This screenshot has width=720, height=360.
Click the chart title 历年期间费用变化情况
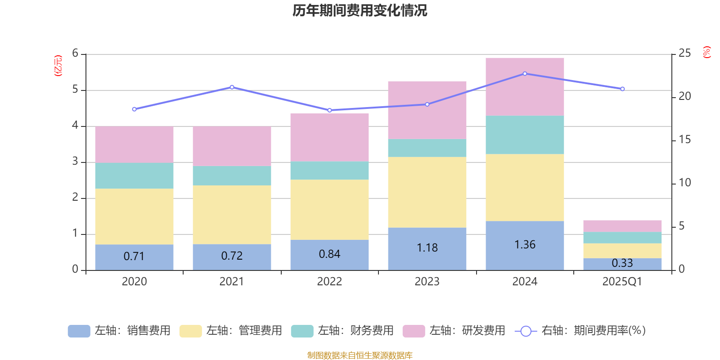(360, 10)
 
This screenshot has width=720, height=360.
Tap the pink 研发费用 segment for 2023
(427, 110)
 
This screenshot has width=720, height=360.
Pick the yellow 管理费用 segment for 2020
(134, 216)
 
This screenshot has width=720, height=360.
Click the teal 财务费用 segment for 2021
(232, 175)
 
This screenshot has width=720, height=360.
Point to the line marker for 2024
(525, 73)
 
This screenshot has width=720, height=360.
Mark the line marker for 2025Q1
(622, 89)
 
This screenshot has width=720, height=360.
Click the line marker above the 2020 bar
(134, 109)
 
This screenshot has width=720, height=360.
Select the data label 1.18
(427, 248)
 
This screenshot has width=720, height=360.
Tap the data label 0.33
(622, 263)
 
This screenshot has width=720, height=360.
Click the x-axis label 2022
(329, 282)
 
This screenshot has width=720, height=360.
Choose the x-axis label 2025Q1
(622, 282)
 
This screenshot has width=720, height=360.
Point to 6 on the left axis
(75, 54)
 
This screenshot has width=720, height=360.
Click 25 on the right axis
(684, 54)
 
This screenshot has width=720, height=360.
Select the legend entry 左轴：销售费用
(119, 331)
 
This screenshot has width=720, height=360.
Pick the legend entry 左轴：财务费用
(342, 331)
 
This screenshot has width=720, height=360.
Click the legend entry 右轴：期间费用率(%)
(580, 331)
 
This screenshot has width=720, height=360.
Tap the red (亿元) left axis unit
(58, 66)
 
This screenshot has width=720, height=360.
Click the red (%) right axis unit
(706, 52)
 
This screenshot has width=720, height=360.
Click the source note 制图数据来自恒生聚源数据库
(360, 355)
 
